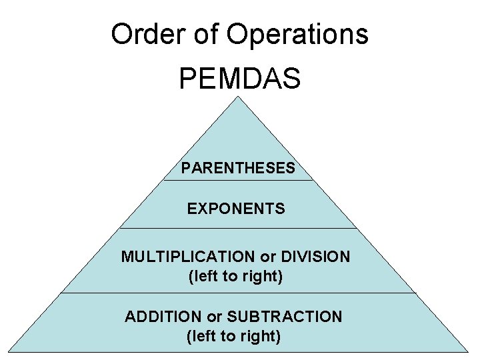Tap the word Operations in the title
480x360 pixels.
point(297,34)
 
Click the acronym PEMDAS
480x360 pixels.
point(239,79)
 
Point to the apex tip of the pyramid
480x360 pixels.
point(238,97)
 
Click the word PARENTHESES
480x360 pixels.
point(237,168)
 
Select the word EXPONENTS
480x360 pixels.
point(236,209)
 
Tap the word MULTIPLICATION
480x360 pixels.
point(188,257)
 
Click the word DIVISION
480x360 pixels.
point(315,257)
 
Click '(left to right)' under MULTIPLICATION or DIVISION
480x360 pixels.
point(236,276)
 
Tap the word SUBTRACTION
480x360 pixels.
point(284,317)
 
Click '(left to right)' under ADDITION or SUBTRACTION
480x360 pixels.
point(233,336)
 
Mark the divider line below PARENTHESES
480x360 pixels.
point(238,180)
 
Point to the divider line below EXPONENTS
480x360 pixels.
point(238,229)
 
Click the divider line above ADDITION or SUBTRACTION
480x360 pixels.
point(238,293)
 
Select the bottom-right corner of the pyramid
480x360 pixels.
point(468,351)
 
